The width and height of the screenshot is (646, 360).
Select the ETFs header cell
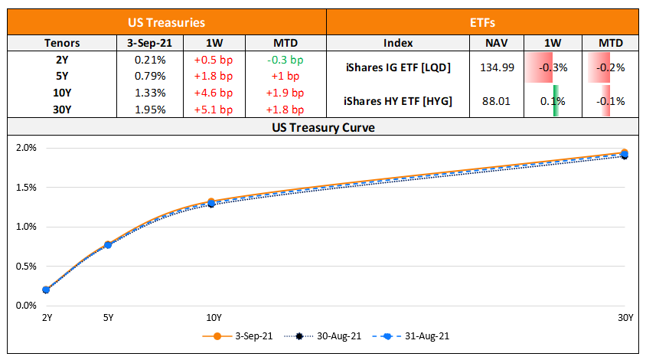coord(482,24)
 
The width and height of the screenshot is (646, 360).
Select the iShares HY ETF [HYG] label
coord(397,100)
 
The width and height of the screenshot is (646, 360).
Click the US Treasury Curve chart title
coord(322,127)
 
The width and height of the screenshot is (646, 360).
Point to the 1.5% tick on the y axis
coord(26,187)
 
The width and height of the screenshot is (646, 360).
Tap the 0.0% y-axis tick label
coord(26,306)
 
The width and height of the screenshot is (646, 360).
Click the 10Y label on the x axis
coord(214,318)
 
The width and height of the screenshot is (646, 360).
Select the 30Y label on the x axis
coord(626,318)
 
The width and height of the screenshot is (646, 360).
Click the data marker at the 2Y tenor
coord(47,290)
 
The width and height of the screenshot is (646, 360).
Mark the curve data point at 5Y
coord(108,244)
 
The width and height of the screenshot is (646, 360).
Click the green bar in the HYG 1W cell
coord(555,100)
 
